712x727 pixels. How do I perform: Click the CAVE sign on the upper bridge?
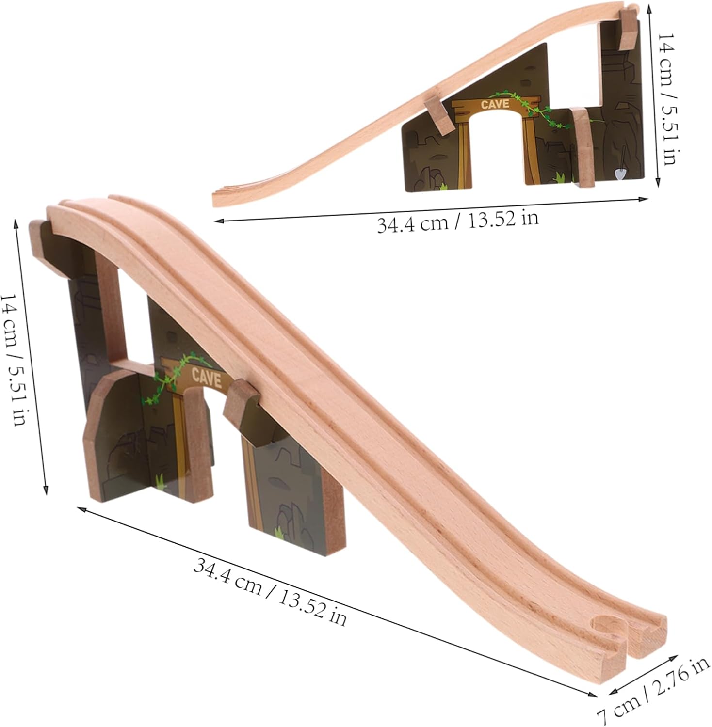495,104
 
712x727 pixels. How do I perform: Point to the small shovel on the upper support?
620,169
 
